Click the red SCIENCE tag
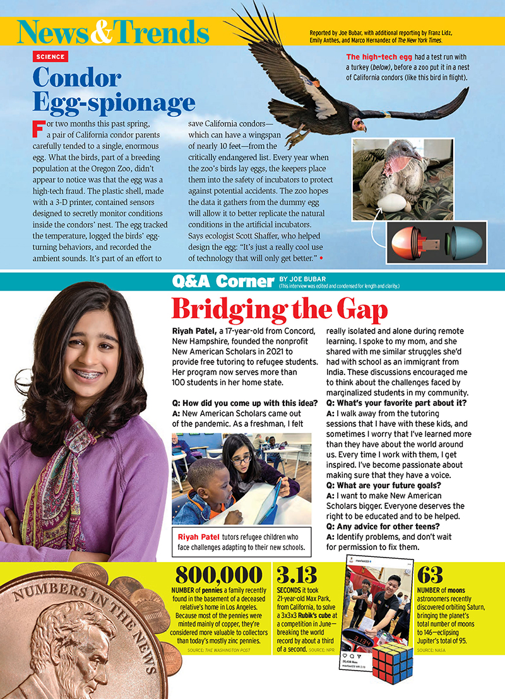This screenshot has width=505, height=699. click(50, 57)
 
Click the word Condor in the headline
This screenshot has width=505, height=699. click(77, 78)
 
